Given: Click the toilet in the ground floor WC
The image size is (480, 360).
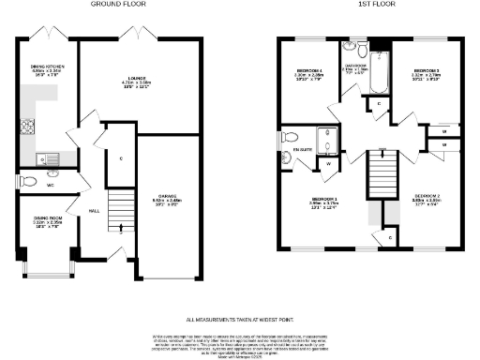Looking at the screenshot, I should (27, 181).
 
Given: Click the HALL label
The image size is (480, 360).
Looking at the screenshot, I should (94, 211).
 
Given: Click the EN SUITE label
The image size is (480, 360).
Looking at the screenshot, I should (301, 150).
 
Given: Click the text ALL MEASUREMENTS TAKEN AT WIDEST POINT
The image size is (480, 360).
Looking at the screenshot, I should (239, 320).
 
